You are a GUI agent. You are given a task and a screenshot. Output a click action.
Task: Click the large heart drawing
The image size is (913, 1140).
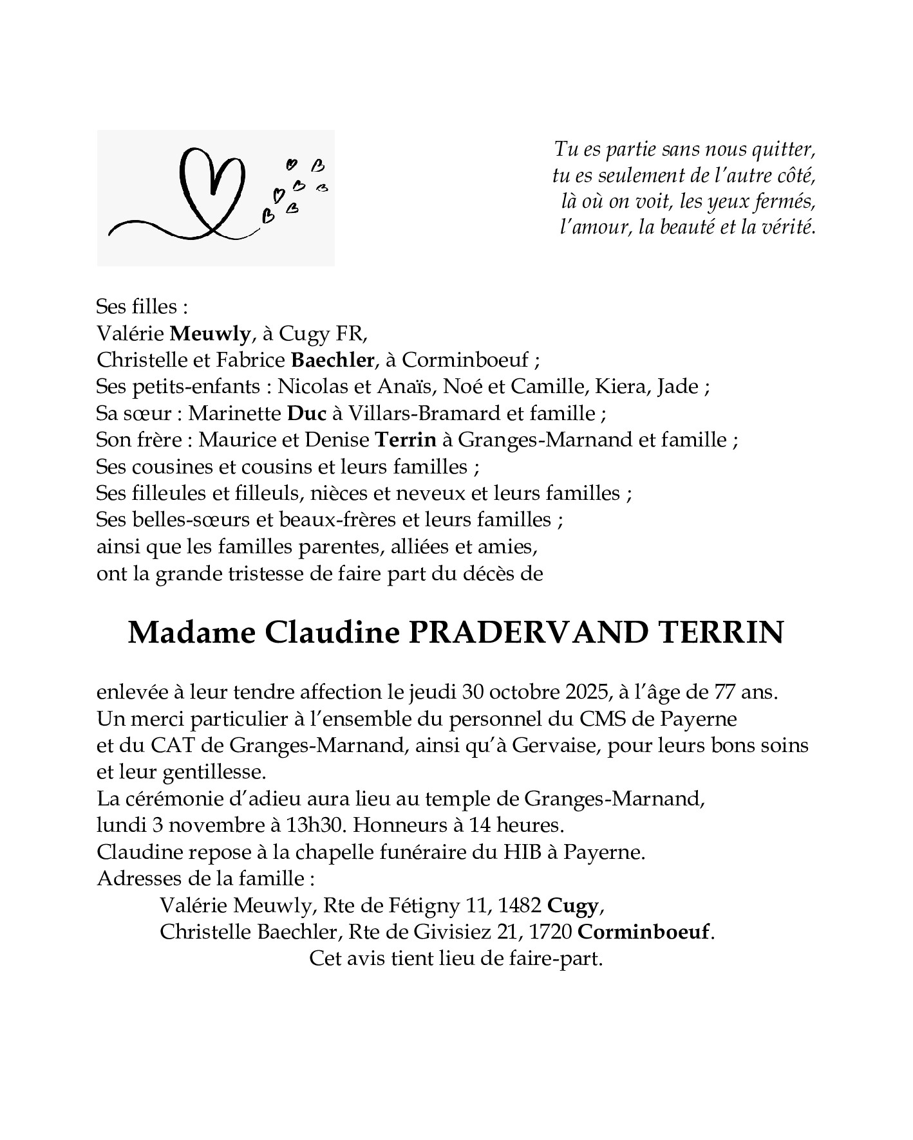[212, 190]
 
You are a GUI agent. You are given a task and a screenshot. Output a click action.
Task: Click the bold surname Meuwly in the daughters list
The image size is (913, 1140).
[209, 333]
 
